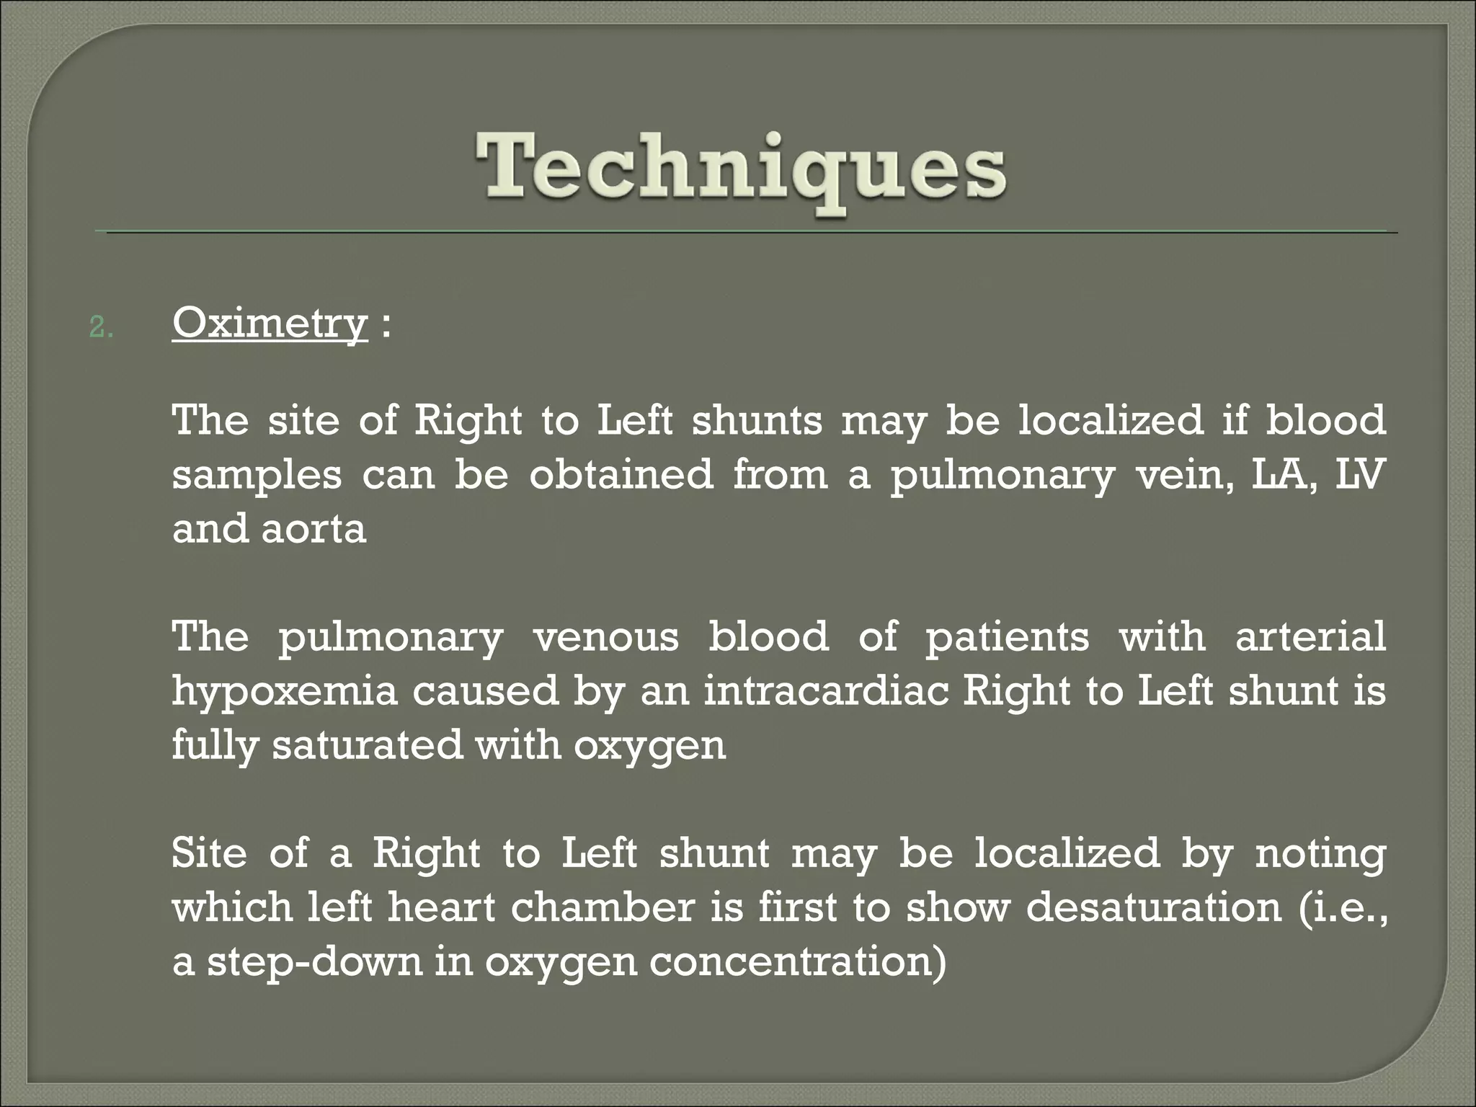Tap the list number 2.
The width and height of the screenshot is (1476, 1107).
(x=101, y=329)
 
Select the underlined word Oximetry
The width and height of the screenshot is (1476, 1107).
(x=270, y=324)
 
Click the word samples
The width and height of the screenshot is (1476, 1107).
(x=257, y=476)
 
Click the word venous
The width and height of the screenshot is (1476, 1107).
(x=606, y=637)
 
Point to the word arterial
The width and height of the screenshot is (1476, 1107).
(x=1310, y=637)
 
